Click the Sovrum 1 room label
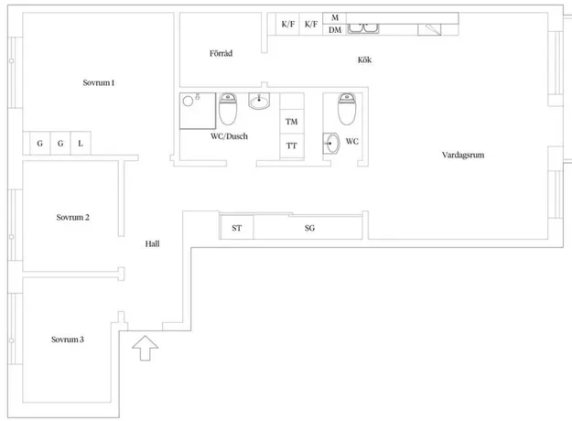pyautogui.click(x=99, y=82)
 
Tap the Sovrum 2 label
pyautogui.click(x=72, y=218)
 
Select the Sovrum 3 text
pyautogui.click(x=68, y=340)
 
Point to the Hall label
pyautogui.click(x=152, y=243)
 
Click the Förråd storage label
pyautogui.click(x=221, y=53)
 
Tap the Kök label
pyautogui.click(x=364, y=59)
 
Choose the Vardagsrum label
pyautogui.click(x=463, y=155)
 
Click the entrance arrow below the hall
pyautogui.click(x=146, y=348)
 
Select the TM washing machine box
pyautogui.click(x=292, y=121)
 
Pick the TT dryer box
pyautogui.click(x=292, y=146)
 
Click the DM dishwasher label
pyautogui.click(x=335, y=30)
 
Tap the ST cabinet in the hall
pyautogui.click(x=237, y=228)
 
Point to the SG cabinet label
pyautogui.click(x=309, y=228)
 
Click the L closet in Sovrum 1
pyautogui.click(x=81, y=144)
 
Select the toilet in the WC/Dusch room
pyautogui.click(x=228, y=109)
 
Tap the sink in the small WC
pyautogui.click(x=331, y=144)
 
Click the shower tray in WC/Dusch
pyautogui.click(x=198, y=111)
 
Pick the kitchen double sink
pyautogui.click(x=363, y=28)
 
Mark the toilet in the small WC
pyautogui.click(x=347, y=109)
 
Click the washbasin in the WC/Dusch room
pyautogui.click(x=259, y=101)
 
